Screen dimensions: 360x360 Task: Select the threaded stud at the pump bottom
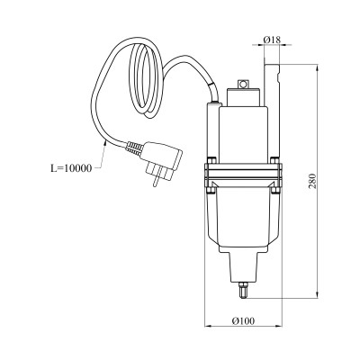point(243,290)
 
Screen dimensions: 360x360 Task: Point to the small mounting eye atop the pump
point(243,84)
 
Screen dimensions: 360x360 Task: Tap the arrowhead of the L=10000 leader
point(106,141)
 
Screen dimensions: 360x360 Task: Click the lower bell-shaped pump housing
point(241,220)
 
